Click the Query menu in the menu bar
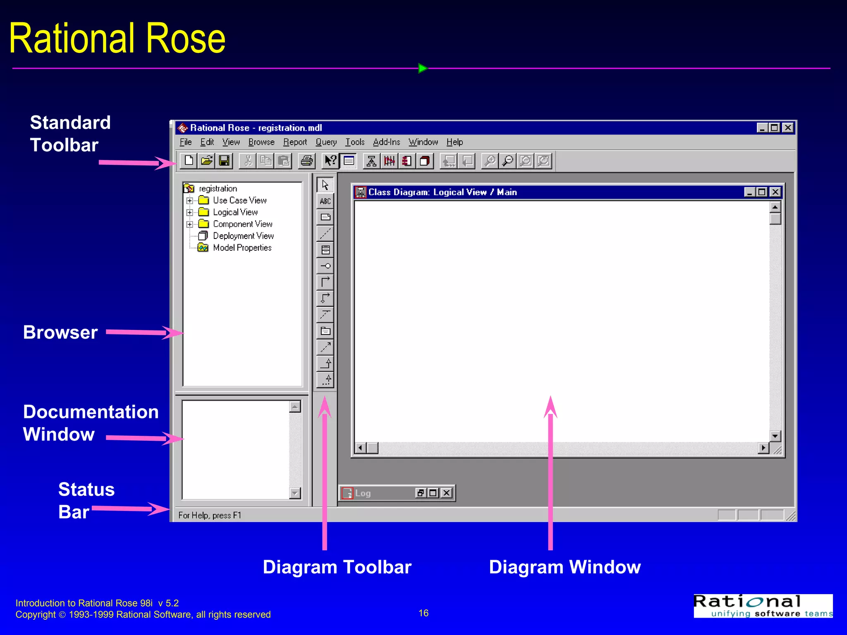click(326, 142)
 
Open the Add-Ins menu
click(386, 142)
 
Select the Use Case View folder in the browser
click(239, 201)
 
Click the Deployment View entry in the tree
click(243, 236)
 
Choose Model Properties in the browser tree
click(242, 248)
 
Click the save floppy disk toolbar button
click(224, 161)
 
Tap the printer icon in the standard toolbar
click(306, 161)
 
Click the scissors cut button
click(248, 161)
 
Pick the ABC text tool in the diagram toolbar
click(325, 201)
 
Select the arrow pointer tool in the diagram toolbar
click(325, 185)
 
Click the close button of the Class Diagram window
click(775, 192)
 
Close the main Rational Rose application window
click(788, 128)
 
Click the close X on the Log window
click(447, 493)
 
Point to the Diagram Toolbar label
click(337, 567)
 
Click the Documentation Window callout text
click(91, 423)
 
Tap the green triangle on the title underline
click(422, 68)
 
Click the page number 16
click(423, 613)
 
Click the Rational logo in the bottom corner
click(763, 606)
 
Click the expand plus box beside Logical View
click(189, 212)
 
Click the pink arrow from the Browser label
click(143, 332)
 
